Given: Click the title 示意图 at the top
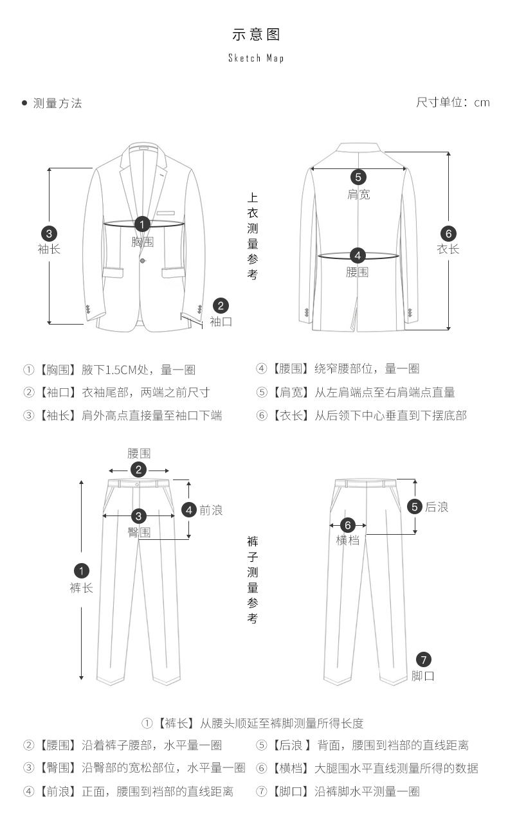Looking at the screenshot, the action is pos(256,35).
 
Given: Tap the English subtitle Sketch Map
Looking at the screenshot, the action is pos(256,58).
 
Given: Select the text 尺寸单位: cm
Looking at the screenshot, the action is pos(453,102).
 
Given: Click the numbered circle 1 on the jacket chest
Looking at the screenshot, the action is pos(143,224).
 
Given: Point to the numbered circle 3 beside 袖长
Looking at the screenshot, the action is pos(49,234).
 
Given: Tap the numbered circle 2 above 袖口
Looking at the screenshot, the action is pos(221,306).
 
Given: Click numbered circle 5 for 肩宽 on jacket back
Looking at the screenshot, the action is pos(358,177).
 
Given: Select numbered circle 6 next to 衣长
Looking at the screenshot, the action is pos(448,233).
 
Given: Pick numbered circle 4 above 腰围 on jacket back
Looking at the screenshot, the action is pos(358,255).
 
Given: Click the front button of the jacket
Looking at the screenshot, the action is pos(143,260).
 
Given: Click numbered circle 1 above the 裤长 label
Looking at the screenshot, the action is pos(82,571).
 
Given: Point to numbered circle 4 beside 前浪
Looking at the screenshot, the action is pos(189,510).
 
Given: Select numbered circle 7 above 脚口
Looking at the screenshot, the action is pos(423,659).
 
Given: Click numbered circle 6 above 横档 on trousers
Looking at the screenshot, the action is pos(347,524).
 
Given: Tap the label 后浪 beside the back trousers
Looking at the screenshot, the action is pos(437,507).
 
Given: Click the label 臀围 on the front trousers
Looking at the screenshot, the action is pos(139,532).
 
